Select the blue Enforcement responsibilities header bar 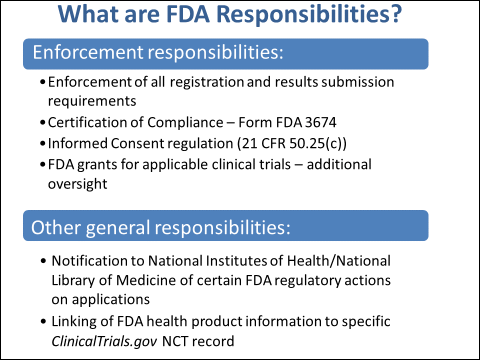pyautogui.click(x=225, y=53)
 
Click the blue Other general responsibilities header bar pyautogui.click(x=225, y=225)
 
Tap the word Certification pyautogui.click(x=83, y=122)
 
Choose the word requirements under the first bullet pyautogui.click(x=91, y=100)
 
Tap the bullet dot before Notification pyautogui.click(x=44, y=261)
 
